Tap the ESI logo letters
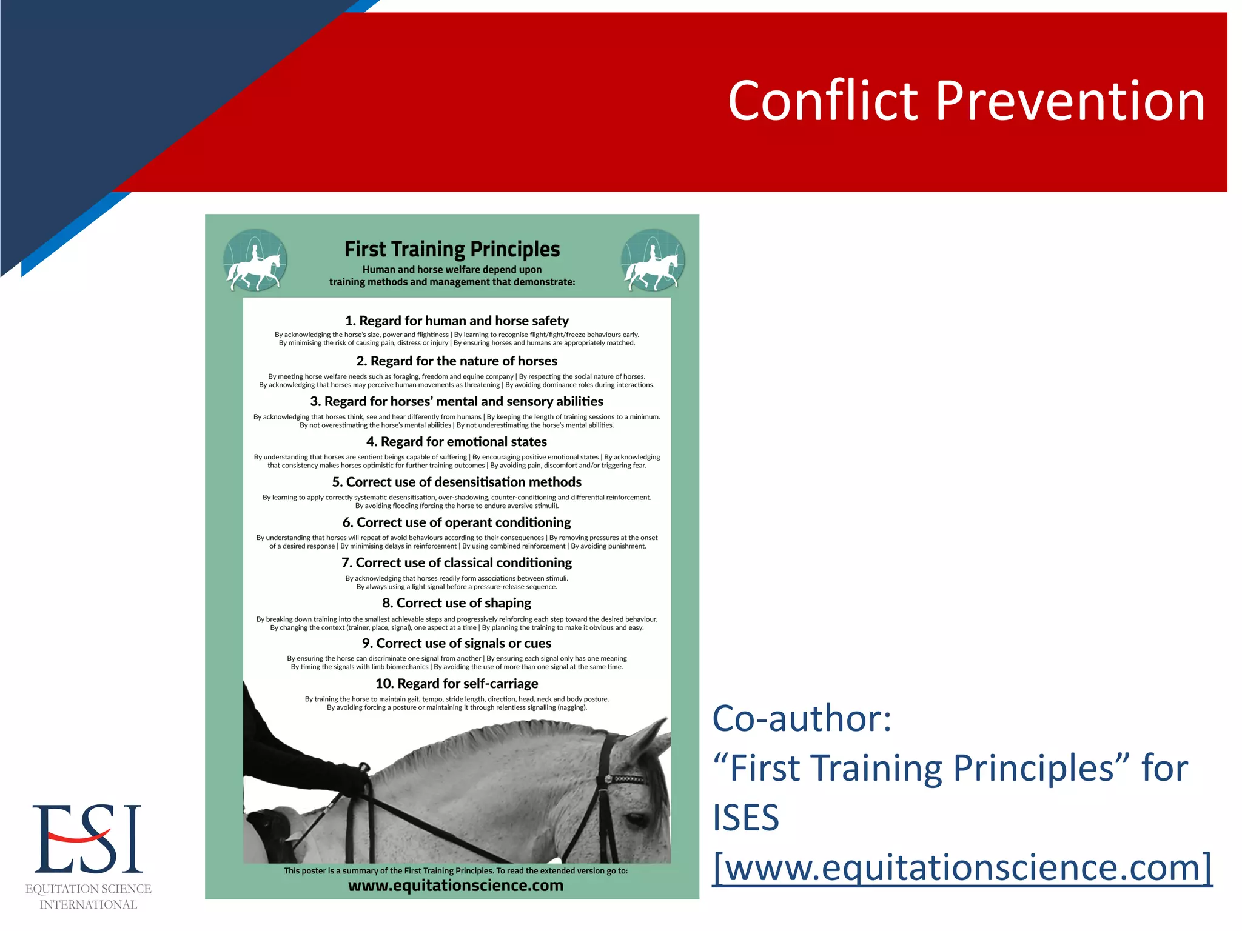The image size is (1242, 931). [87, 839]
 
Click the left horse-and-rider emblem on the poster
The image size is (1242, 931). [255, 261]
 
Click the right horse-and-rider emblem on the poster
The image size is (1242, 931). [653, 261]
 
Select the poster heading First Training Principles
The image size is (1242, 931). [452, 249]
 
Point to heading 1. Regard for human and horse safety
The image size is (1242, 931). [457, 321]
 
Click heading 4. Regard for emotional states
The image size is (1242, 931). [457, 442]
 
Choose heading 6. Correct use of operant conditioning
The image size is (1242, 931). [457, 522]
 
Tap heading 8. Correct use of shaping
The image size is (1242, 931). [457, 603]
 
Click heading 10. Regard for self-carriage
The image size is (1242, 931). [457, 684]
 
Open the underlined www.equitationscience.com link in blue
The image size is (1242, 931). [962, 867]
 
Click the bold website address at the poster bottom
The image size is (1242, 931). [455, 886]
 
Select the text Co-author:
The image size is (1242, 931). [802, 718]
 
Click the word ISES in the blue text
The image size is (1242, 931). [745, 818]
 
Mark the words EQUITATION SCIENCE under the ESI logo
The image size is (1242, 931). [88, 889]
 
